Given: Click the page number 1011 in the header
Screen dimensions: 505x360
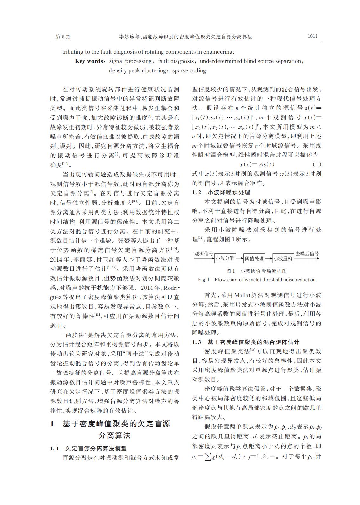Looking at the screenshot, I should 312,36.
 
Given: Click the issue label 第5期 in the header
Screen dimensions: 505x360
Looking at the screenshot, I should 63,37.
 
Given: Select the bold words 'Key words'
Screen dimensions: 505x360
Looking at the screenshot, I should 89,61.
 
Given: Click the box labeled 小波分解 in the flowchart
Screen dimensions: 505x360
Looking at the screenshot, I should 225,258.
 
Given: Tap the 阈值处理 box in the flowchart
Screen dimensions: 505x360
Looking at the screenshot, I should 254,258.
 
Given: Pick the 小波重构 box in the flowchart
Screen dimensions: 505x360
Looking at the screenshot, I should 283,258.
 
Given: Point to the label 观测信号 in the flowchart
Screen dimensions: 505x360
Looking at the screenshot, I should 203,253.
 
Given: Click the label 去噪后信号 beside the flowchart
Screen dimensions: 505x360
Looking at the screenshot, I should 307,253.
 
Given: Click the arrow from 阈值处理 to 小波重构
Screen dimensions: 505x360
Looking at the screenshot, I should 269,258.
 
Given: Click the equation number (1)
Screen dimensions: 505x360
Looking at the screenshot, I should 317,164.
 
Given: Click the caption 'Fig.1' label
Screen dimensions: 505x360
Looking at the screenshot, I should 204,280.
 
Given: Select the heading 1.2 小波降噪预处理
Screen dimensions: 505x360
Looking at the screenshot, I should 221,192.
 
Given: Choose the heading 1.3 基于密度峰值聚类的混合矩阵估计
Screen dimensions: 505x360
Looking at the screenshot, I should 246,342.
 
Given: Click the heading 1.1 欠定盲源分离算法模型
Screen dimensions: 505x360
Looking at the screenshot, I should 88,448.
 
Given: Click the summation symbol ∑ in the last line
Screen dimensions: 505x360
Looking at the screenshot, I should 208,457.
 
